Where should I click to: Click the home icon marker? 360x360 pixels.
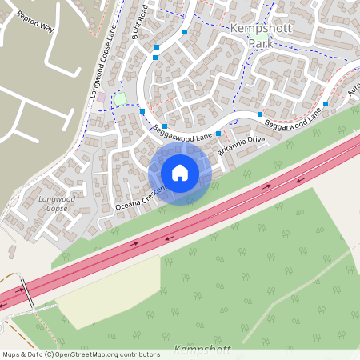coord(180,172)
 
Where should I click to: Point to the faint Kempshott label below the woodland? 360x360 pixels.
coord(202,350)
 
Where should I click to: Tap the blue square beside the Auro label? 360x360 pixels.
coord(326,105)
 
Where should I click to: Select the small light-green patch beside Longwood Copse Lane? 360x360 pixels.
coord(120,99)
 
